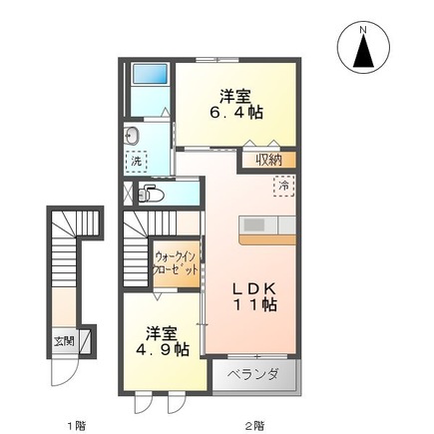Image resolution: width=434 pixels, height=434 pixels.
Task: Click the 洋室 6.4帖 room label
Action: [236, 104]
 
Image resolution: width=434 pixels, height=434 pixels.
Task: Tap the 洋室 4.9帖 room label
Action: [162, 341]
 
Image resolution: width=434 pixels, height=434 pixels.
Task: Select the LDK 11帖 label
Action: [254, 296]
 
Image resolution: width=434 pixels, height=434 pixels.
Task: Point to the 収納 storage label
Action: [268, 161]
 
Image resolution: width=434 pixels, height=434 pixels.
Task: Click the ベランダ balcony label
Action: [253, 374]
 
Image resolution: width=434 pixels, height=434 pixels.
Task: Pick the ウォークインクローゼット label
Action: [175, 262]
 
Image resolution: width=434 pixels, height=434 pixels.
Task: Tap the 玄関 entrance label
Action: [64, 341]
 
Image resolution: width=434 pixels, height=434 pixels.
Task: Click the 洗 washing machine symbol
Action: [137, 162]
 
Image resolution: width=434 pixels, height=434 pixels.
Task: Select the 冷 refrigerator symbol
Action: [284, 186]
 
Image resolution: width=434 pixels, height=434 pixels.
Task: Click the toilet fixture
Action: [151, 194]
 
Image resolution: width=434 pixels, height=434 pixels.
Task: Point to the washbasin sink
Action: [133, 136]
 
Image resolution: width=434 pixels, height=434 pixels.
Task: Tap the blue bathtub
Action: [150, 74]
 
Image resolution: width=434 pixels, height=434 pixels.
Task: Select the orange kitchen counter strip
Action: [267, 239]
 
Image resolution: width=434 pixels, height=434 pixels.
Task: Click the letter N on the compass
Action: [363, 30]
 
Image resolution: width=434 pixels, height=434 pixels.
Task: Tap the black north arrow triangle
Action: [363, 51]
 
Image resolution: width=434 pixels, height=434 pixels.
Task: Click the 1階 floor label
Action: [77, 425]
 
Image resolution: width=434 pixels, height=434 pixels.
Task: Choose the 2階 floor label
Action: [255, 425]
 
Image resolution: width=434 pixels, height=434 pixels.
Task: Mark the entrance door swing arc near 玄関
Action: [70, 375]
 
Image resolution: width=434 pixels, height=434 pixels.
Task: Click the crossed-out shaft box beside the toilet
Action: [128, 192]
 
